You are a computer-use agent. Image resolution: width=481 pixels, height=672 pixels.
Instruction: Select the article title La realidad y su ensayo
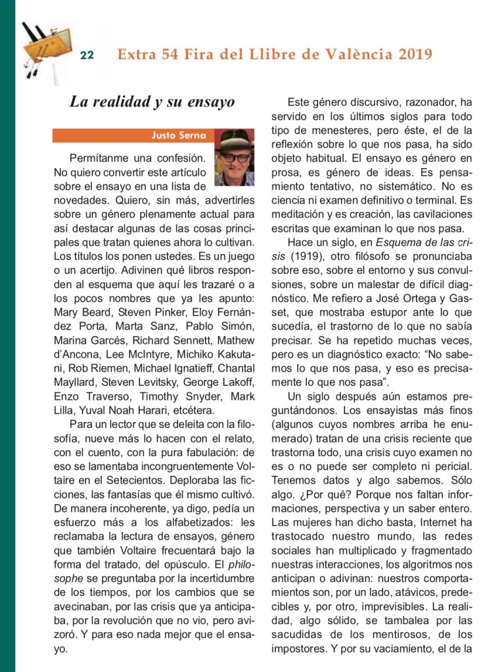click(x=152, y=102)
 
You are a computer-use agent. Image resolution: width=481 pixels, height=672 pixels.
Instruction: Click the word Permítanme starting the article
click(x=102, y=160)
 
